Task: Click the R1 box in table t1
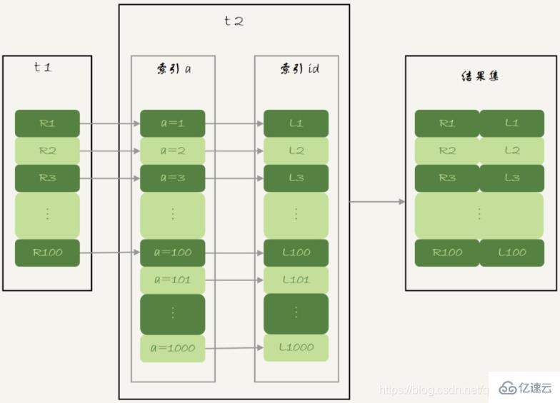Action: [x=47, y=123]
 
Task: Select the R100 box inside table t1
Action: [x=47, y=252]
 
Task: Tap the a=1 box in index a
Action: [x=172, y=123]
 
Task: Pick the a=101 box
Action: [x=172, y=280]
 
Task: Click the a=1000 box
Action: [x=172, y=349]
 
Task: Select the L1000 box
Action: [x=296, y=347]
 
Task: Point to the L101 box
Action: [x=296, y=280]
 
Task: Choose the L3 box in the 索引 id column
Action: [x=296, y=178]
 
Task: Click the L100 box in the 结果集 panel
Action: [x=511, y=252]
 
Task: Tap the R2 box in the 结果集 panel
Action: [x=447, y=151]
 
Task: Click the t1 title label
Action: [x=43, y=68]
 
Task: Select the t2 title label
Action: [x=234, y=21]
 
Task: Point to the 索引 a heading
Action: [x=172, y=69]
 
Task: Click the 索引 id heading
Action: [x=296, y=69]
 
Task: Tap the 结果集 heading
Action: [x=479, y=75]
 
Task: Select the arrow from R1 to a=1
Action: [x=109, y=123]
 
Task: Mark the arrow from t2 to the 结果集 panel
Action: [x=377, y=202]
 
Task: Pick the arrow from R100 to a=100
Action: [x=109, y=252]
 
